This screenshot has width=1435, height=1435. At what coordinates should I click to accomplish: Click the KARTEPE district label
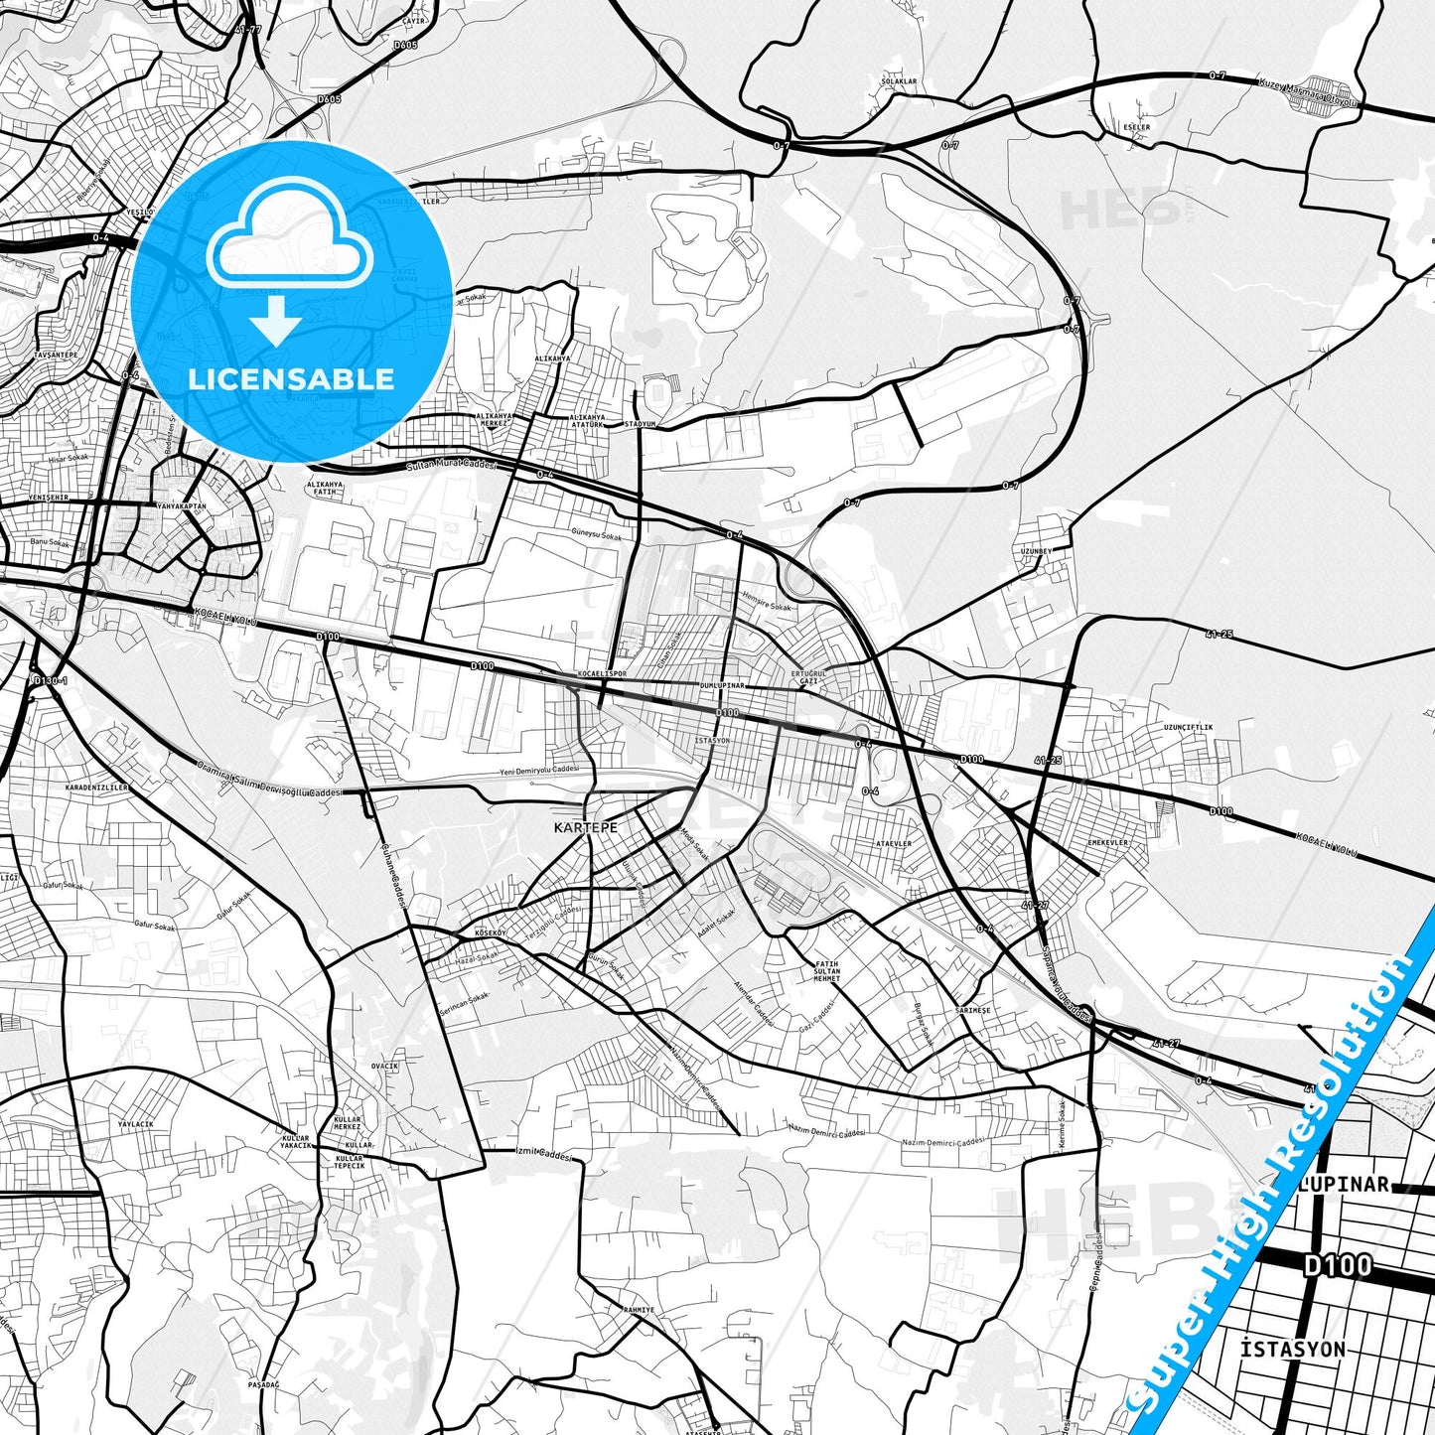585,827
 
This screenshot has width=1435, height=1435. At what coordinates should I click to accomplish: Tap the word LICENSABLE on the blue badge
291,378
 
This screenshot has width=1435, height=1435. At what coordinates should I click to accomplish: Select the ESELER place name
1136,127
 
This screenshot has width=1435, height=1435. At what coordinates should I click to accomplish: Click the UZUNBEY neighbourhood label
1035,550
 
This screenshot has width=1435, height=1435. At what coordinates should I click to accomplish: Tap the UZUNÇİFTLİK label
1188,727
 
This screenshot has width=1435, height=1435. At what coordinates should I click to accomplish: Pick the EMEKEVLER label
1107,843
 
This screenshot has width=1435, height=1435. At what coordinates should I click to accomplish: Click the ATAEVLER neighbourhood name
893,843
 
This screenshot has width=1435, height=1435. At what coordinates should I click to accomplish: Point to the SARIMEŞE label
972,1010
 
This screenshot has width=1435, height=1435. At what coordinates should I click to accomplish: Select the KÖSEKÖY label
491,933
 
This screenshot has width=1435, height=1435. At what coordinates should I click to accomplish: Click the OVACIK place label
384,1066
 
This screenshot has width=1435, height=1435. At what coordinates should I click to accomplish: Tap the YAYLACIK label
136,1124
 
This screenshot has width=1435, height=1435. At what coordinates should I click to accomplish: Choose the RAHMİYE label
639,1310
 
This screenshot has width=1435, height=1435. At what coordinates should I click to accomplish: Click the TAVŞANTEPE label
56,355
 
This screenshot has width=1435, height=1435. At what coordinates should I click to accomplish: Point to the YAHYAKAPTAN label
182,506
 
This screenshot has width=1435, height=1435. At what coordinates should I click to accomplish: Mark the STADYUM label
641,424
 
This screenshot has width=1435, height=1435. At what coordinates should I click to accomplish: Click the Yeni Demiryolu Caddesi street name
538,771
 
